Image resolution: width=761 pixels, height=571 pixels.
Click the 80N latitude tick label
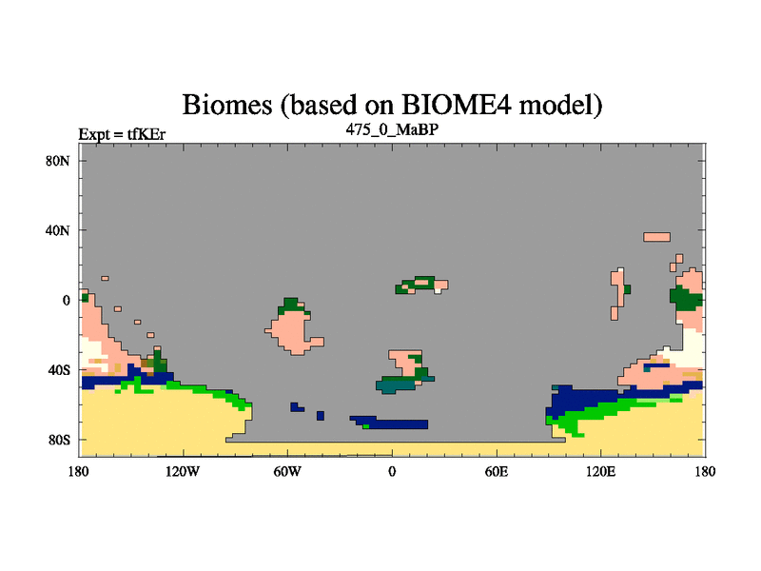click(58, 161)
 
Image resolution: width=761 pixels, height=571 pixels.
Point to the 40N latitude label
click(58, 230)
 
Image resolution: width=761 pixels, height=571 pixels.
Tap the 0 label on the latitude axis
click(66, 301)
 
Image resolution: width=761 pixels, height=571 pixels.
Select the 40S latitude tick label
click(59, 370)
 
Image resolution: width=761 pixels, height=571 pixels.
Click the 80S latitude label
click(59, 440)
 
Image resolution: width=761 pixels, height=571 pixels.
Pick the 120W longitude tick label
click(183, 471)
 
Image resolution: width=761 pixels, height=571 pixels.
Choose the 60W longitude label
click(287, 471)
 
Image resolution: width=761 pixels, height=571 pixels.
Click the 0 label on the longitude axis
click(392, 471)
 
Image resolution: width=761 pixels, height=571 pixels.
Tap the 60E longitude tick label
click(497, 471)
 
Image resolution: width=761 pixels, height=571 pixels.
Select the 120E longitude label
click(601, 471)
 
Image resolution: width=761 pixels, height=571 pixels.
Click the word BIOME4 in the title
click(457, 105)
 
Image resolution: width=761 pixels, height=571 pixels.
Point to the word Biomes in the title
click(227, 105)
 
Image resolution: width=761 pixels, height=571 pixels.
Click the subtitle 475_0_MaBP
click(392, 129)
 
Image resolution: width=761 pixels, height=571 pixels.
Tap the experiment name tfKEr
click(146, 134)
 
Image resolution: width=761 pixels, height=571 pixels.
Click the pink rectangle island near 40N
click(656, 237)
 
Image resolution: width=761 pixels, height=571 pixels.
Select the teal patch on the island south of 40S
click(394, 386)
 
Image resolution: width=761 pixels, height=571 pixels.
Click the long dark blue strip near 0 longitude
click(394, 423)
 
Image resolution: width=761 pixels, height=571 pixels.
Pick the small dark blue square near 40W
click(321, 416)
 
